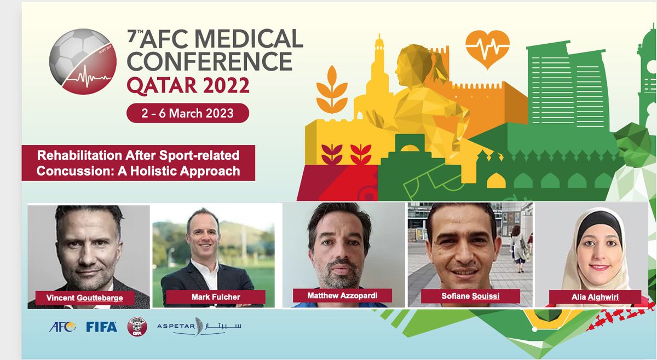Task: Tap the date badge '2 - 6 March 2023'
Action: pos(188,113)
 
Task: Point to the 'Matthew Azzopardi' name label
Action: pos(342,295)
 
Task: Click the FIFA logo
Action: pos(101,327)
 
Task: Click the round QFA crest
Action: pos(137,327)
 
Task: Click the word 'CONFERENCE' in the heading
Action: pos(209,62)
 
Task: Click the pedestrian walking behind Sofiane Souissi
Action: pos(516,246)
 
